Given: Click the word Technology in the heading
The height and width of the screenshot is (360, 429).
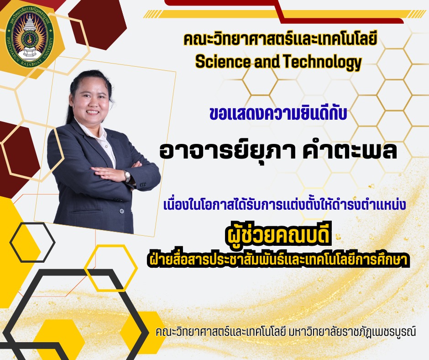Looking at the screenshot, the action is [x=322, y=62].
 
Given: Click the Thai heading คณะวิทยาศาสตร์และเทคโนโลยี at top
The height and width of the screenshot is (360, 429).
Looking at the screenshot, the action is [x=280, y=39].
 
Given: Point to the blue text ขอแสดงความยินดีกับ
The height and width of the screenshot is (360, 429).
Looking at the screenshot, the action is [x=278, y=113].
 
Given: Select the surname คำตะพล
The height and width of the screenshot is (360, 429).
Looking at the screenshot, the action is [x=350, y=150].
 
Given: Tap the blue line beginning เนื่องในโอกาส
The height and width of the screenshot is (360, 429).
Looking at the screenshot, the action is [x=284, y=205].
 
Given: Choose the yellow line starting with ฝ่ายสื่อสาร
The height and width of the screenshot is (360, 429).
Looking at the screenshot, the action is [x=278, y=259].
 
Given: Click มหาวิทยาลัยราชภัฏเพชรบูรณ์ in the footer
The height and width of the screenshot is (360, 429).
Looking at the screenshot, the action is [x=352, y=332].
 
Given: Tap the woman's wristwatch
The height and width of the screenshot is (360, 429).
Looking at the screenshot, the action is [x=127, y=175].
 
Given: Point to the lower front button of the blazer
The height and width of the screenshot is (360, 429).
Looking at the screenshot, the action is [x=121, y=211].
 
